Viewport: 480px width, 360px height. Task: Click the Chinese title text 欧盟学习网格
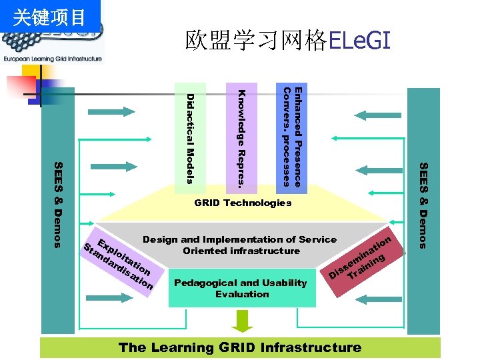257,41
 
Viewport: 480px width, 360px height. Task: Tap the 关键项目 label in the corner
50,17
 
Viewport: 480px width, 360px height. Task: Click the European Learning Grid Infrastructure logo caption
53,59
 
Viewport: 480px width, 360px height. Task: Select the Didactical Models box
190,133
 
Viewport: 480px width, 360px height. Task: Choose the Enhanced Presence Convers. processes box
292,136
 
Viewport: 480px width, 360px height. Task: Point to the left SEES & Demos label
58,204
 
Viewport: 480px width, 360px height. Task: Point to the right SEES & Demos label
423,204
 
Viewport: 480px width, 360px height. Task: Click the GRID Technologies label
243,203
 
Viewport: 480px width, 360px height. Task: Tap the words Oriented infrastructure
241,251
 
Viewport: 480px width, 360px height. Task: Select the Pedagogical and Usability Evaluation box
241,288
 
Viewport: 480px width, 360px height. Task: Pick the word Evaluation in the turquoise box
242,294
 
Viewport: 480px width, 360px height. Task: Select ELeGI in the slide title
359,41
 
